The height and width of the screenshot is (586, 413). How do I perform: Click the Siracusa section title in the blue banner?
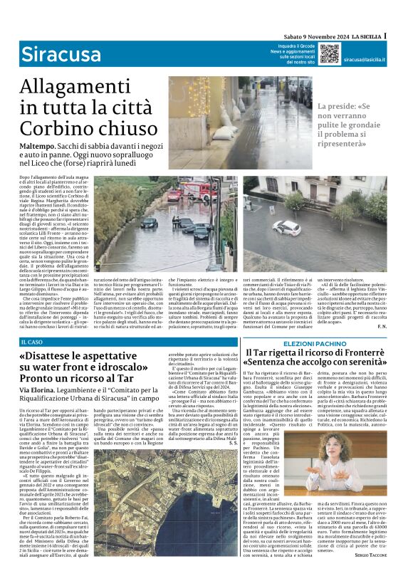click(61, 53)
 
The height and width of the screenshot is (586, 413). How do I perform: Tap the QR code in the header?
click(329, 53)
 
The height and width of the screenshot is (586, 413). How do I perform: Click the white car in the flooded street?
click(286, 227)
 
